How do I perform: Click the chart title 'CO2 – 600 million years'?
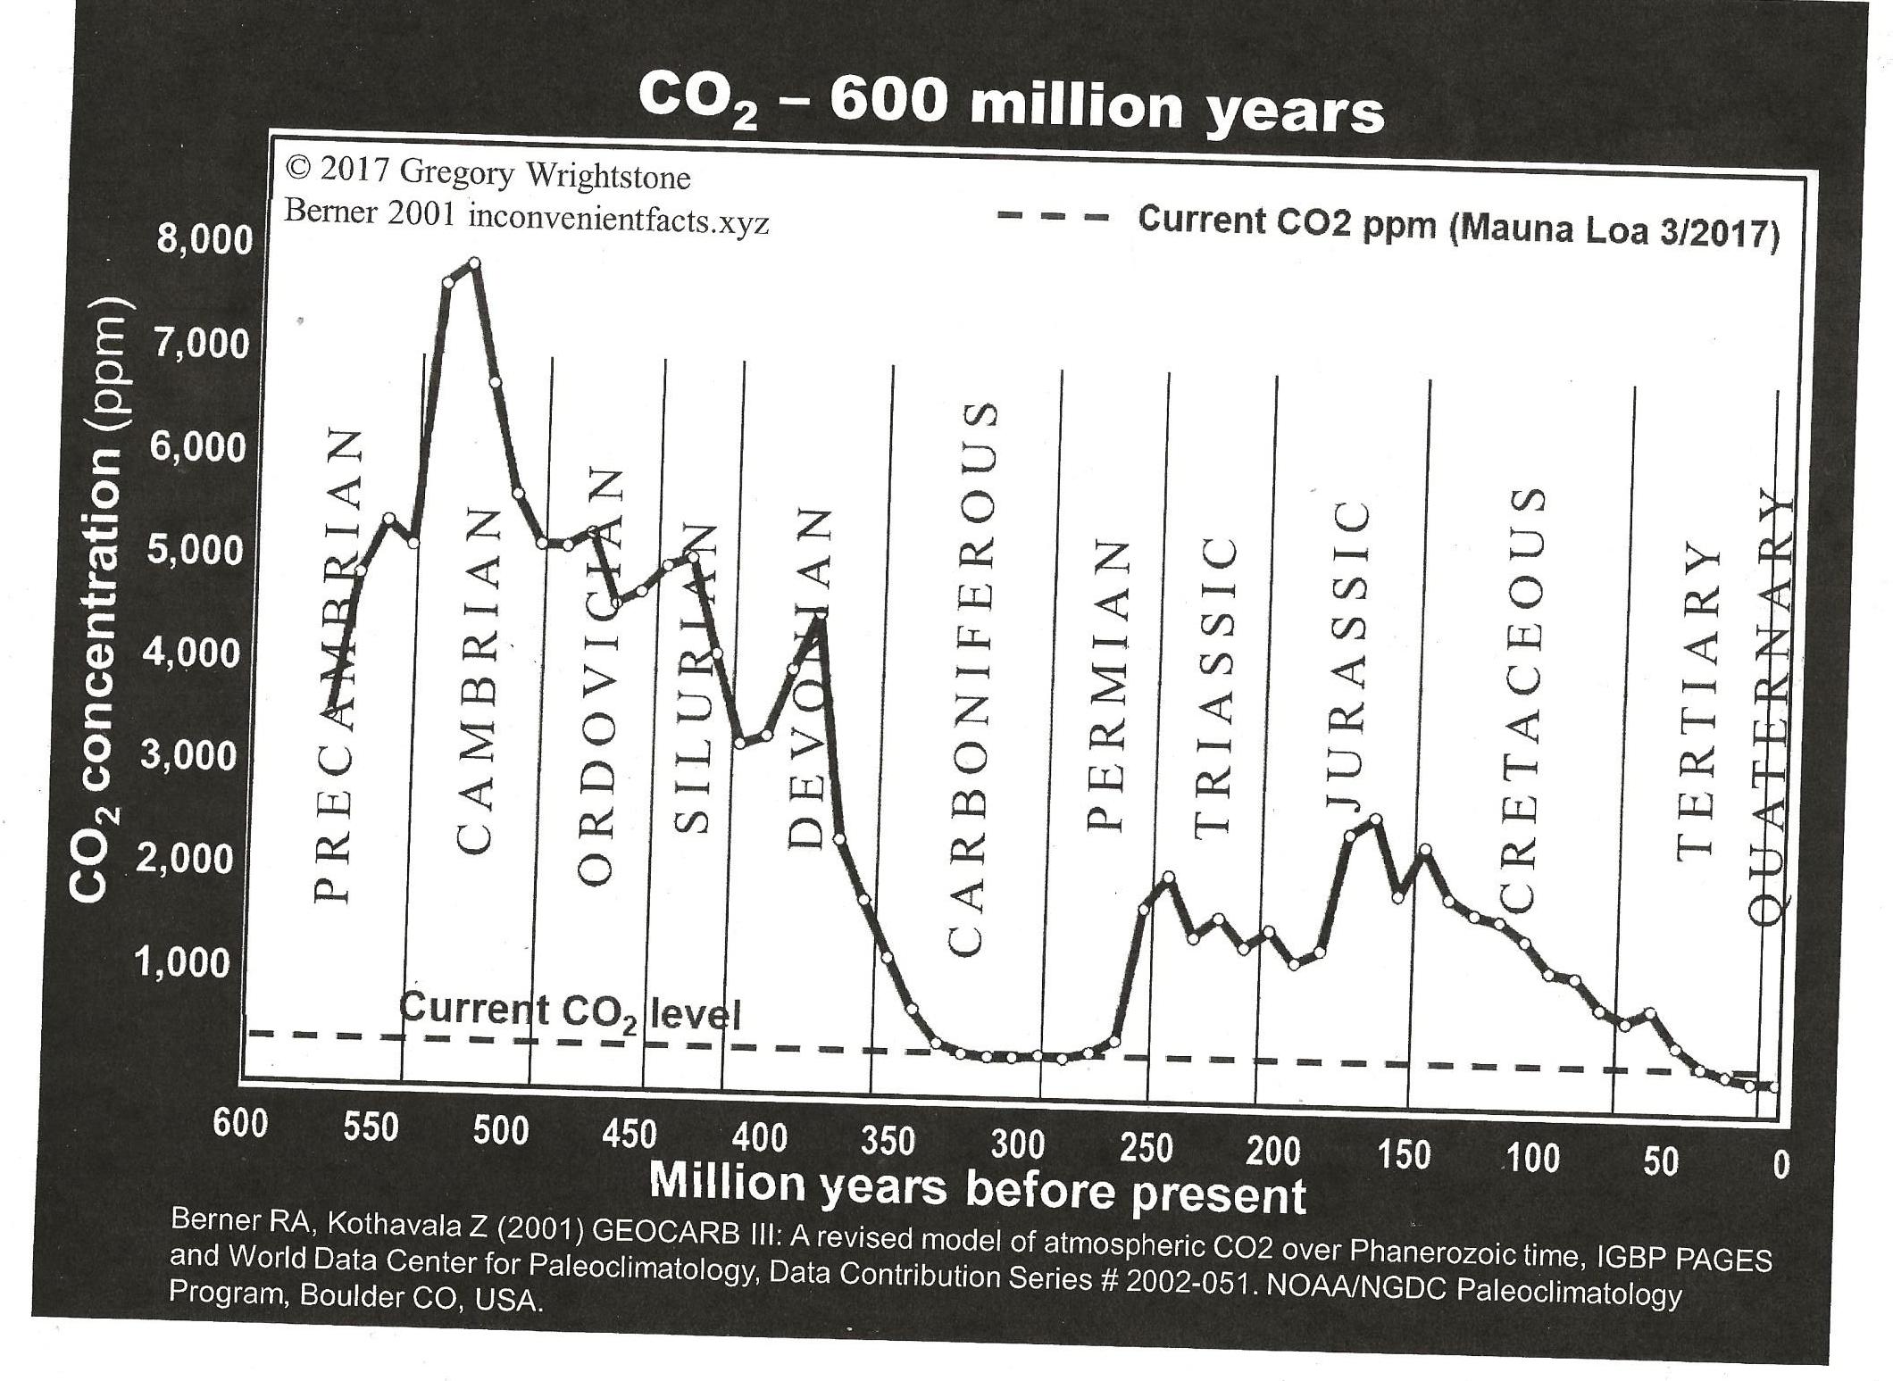point(1011,106)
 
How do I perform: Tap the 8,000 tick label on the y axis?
point(204,241)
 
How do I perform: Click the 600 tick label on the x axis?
point(240,1122)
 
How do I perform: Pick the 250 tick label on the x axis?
point(1146,1148)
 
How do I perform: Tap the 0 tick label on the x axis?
point(1781,1165)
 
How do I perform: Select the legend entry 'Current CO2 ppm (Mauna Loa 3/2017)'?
point(1459,227)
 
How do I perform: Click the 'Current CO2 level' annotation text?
point(570,1012)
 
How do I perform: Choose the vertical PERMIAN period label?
point(1107,686)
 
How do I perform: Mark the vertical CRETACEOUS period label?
point(1526,701)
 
